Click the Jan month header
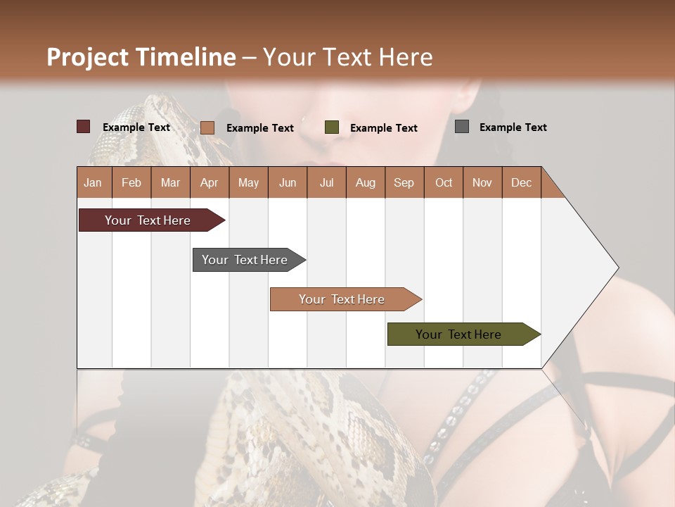[x=94, y=182]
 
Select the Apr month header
[x=210, y=182]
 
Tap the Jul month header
[x=326, y=182]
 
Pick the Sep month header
[x=404, y=182]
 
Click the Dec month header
[x=521, y=182]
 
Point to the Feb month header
[x=131, y=182]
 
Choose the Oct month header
[x=444, y=182]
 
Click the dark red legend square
[x=84, y=127]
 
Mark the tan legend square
[x=207, y=127]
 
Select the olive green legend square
[x=332, y=127]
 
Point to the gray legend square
[x=462, y=127]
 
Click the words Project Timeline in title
[x=141, y=57]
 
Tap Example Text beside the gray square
[x=513, y=127]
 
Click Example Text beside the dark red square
[x=136, y=127]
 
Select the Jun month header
[x=288, y=182]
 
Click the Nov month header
[x=482, y=182]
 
